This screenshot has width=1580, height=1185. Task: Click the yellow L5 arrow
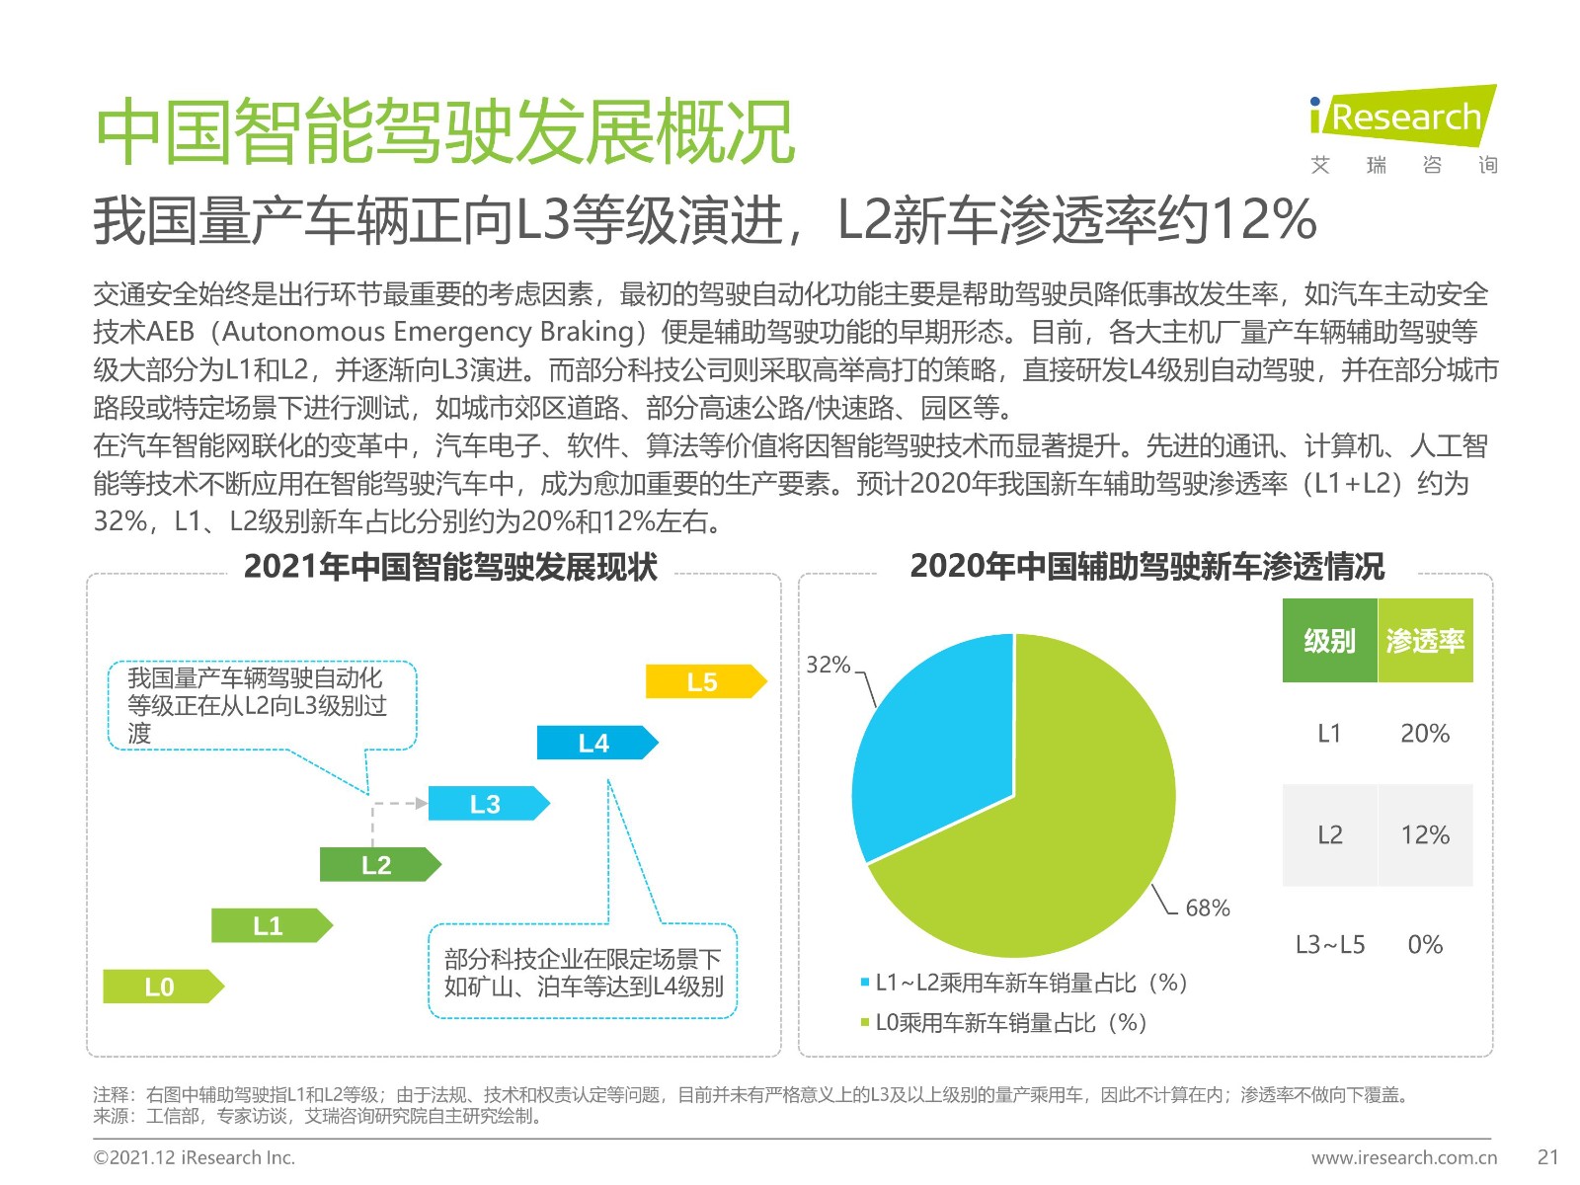[703, 681]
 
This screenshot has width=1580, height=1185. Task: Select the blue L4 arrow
[594, 743]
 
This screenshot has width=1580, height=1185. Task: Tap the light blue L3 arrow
[486, 804]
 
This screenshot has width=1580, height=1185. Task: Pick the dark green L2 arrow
[377, 865]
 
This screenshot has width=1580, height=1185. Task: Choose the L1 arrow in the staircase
[269, 925]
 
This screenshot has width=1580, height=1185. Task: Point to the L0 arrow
[161, 987]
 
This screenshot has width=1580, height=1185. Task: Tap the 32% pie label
[828, 665]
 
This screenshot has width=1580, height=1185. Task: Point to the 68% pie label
[1207, 908]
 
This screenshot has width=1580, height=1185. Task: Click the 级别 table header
[1329, 641]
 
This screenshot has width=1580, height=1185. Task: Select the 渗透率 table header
[1425, 641]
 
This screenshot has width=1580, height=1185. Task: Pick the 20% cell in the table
[1425, 734]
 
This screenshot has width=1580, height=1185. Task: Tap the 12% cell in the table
[1425, 835]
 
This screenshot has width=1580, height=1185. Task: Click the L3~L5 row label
[1330, 945]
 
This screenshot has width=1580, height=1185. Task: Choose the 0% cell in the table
[1425, 945]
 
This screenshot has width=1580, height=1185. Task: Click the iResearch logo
[1402, 118]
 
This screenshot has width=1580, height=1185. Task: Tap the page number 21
[1548, 1157]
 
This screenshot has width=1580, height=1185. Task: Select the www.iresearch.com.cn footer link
[1403, 1157]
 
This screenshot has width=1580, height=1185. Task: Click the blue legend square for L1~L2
[865, 983]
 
